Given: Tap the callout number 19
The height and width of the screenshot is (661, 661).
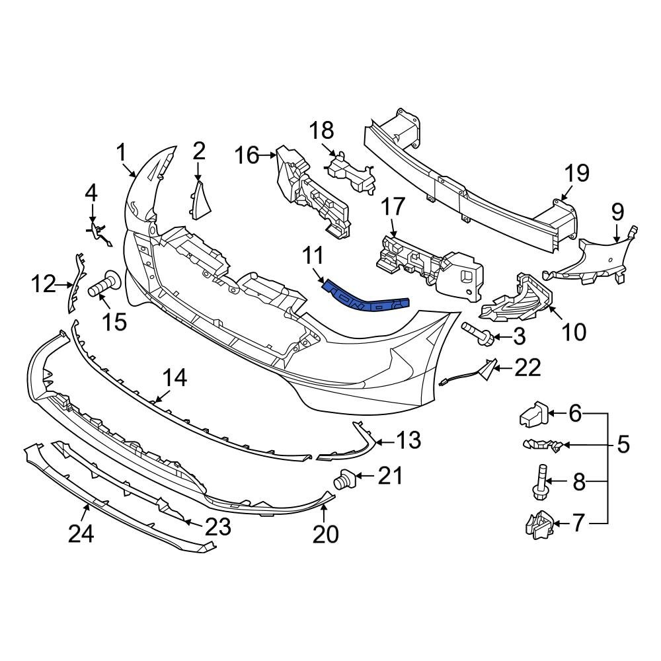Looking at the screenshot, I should pyautogui.click(x=576, y=174).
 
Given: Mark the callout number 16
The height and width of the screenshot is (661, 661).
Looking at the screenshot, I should pyautogui.click(x=247, y=156).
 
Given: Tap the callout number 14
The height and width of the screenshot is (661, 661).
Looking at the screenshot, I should pyautogui.click(x=175, y=378).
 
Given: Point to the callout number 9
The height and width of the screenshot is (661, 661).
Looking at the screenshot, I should pyautogui.click(x=617, y=212).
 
